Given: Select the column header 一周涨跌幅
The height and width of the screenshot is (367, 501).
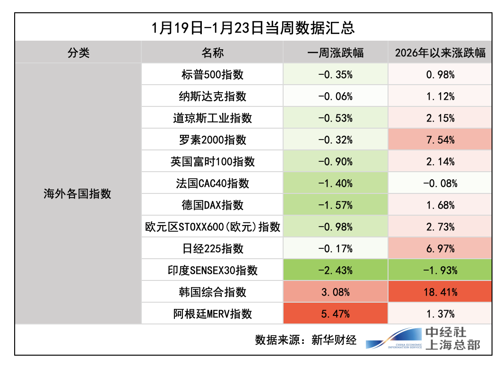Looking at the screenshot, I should click(x=336, y=52).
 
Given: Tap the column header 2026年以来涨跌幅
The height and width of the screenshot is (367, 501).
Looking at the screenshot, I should click(x=440, y=52).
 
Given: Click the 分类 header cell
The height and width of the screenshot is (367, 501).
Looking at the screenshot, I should click(x=78, y=52).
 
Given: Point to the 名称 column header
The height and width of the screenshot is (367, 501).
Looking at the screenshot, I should click(x=212, y=52).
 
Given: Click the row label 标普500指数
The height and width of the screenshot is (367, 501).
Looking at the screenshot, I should click(x=212, y=74).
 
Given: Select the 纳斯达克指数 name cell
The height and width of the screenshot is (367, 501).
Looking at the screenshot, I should click(x=212, y=96).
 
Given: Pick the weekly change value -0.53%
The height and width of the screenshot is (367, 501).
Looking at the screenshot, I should click(x=336, y=118).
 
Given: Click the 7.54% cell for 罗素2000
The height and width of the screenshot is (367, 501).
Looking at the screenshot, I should click(x=440, y=140).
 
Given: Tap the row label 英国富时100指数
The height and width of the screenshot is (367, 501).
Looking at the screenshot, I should click(x=212, y=161).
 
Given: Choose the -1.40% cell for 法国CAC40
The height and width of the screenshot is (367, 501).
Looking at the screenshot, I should click(x=336, y=183).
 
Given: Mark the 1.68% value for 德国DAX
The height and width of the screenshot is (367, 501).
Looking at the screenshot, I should click(x=440, y=205).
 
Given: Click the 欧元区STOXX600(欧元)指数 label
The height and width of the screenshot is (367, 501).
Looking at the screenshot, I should click(x=212, y=227).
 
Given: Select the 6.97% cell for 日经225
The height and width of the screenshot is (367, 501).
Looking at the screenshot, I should click(x=440, y=248).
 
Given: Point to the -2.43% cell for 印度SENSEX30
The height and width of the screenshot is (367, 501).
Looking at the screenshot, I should click(x=336, y=270).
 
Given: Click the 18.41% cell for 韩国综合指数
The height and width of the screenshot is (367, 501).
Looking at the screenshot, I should click(x=440, y=292).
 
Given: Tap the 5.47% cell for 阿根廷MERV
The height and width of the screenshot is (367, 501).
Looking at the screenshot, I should click(x=336, y=314).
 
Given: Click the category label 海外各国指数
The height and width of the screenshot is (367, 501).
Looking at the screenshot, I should click(x=78, y=194).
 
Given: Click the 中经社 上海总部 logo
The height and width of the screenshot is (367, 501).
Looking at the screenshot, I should click(x=423, y=339).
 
